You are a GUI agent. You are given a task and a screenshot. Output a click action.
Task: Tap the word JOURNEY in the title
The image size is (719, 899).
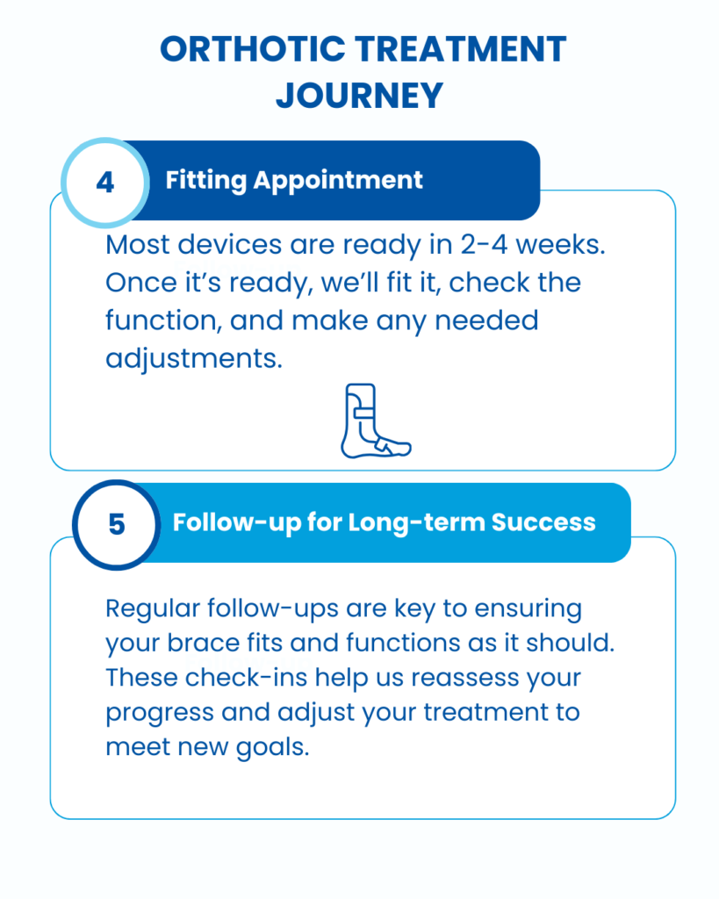point(360,95)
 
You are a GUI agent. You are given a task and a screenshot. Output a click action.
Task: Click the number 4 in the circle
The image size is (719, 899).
point(105,183)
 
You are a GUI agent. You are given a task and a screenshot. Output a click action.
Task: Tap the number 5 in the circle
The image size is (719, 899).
point(117,525)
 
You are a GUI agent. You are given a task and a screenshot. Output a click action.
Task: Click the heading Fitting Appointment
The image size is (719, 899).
point(294,181)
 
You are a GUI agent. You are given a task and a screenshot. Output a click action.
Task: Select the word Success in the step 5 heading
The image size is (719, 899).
point(543,522)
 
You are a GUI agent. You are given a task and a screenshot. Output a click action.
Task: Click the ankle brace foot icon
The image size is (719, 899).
point(376,421)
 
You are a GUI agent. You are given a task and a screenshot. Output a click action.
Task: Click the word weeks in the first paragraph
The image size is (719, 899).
point(560,245)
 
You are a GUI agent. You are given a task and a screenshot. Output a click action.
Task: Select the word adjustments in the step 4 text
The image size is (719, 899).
point(194,359)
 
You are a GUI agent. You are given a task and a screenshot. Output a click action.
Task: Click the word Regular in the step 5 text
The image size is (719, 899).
point(153,609)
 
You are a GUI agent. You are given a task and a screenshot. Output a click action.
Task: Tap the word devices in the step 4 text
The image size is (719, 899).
point(230,245)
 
